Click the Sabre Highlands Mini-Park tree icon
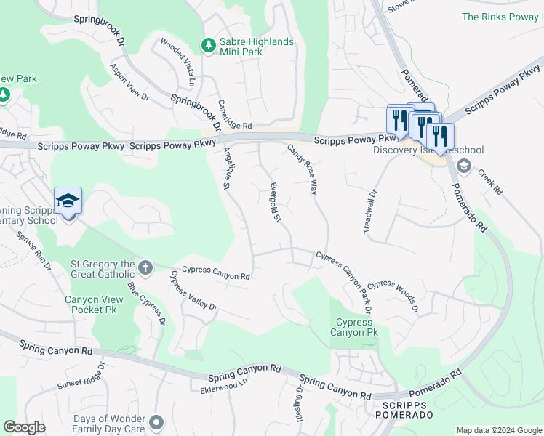pos(209,45)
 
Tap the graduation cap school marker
pos(68,201)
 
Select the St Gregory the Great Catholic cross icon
pos(145,268)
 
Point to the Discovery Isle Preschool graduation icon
pos(463,165)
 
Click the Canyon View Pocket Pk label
pos(92,304)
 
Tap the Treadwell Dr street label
pos(369,211)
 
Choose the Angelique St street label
pos(227,169)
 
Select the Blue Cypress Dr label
pos(148,304)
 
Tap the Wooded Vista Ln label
pos(177,59)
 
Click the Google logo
pos(25,427)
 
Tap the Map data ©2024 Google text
pos(499,430)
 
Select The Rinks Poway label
pos(502,17)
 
